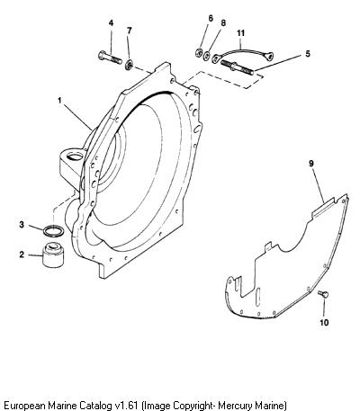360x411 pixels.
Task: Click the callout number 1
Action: coord(60,101)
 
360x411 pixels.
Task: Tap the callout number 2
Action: coord(22,255)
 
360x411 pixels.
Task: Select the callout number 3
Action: coord(22,224)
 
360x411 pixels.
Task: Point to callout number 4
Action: coord(112,23)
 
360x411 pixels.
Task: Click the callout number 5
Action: coord(308,54)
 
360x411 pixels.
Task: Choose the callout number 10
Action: coord(325,323)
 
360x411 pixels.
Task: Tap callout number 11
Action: coord(241,33)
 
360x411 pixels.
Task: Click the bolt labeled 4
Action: coord(110,58)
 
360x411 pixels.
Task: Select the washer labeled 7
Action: coord(130,65)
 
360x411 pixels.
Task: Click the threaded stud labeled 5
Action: coord(237,67)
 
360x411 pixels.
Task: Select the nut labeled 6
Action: coord(198,53)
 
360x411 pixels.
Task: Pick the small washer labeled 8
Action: coord(206,56)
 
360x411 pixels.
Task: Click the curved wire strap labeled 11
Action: coord(242,52)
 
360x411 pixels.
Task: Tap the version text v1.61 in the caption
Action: coord(127,405)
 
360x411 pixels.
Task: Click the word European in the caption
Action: coord(23,406)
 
